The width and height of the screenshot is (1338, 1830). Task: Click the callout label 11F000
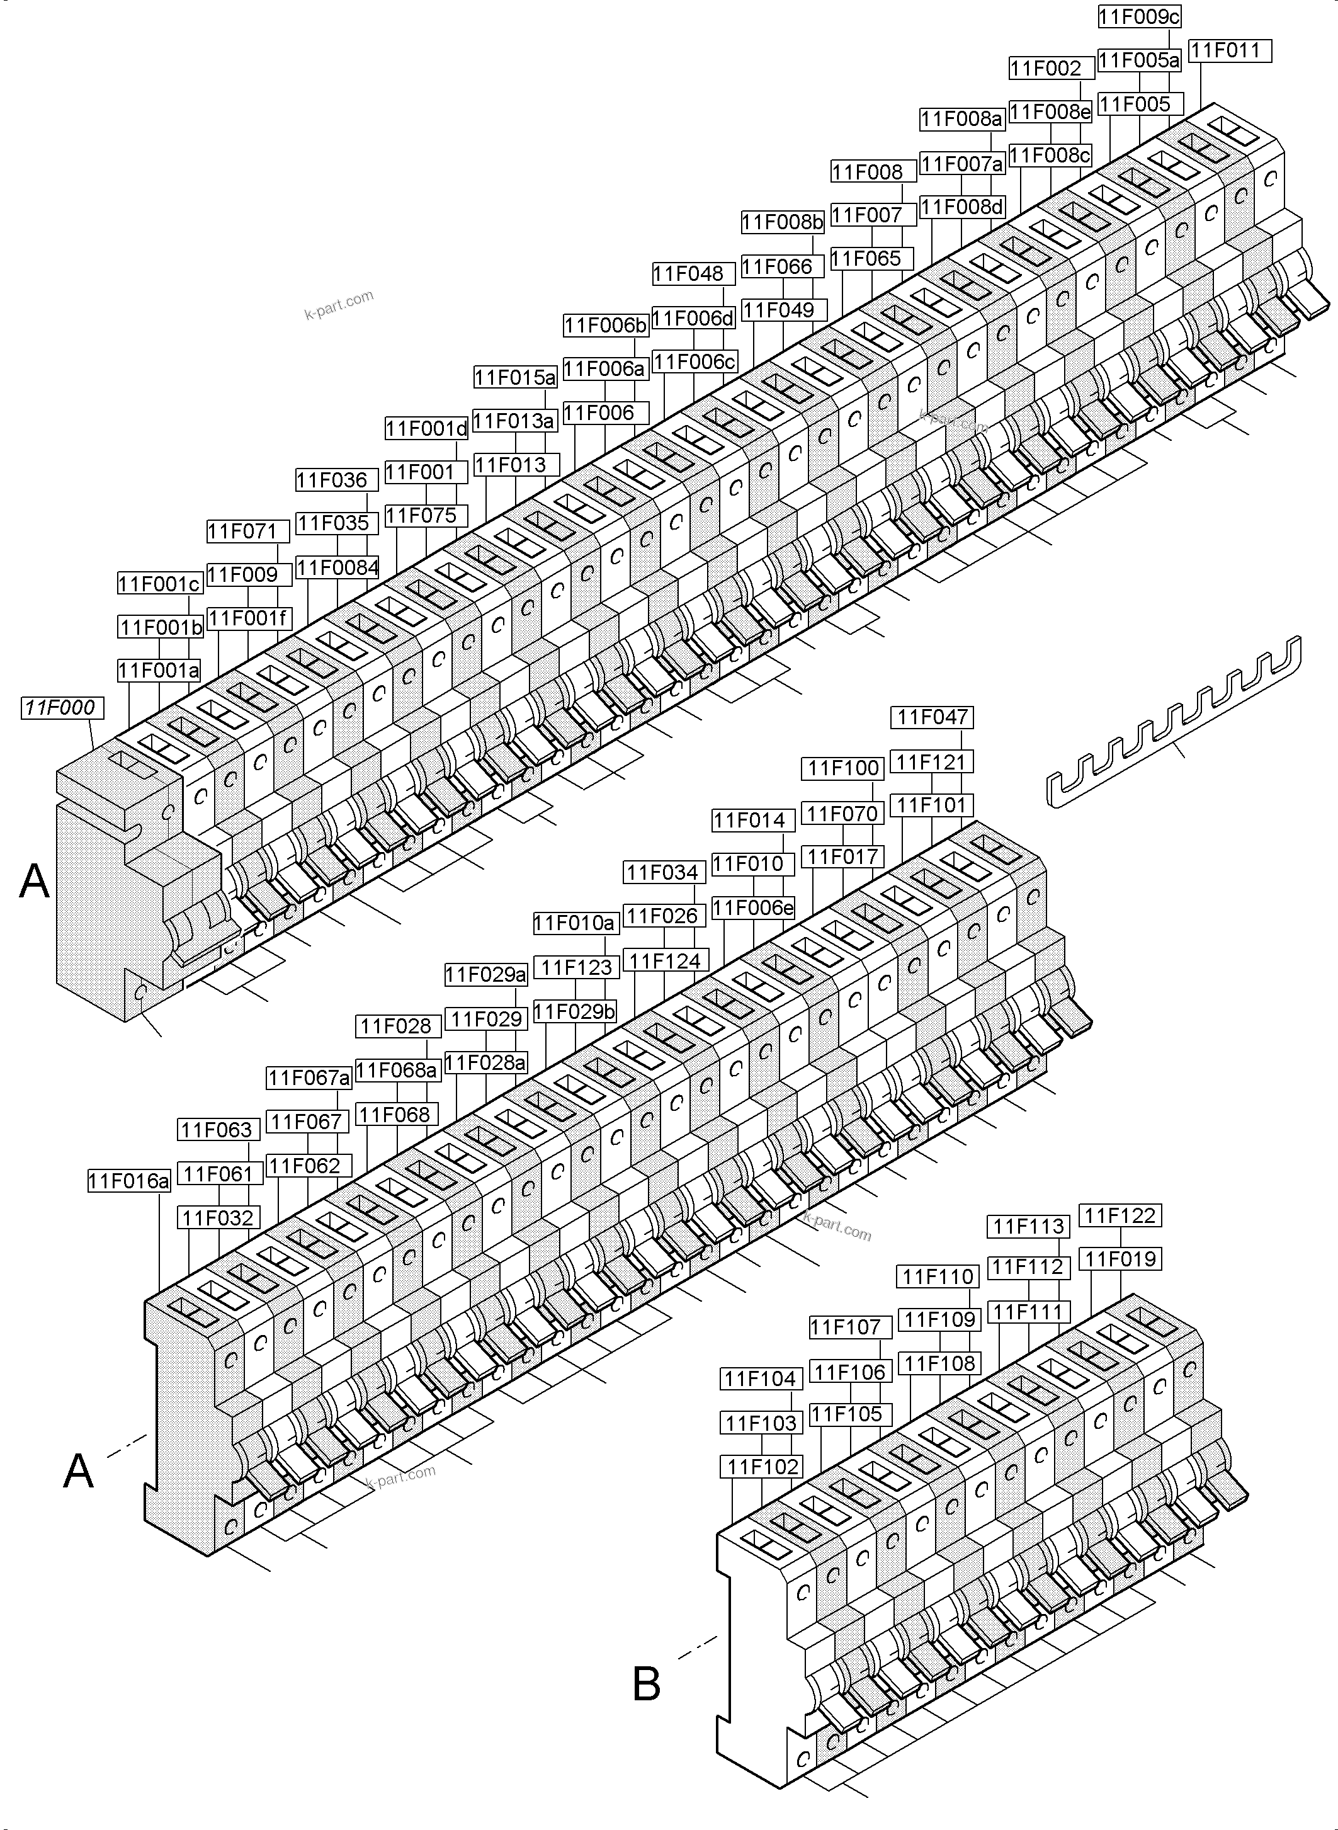[60, 708]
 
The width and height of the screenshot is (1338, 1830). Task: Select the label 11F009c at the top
[1139, 16]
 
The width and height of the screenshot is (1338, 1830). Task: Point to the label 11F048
[693, 274]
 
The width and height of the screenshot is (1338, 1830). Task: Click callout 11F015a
[515, 377]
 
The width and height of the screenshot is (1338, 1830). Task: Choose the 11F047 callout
[933, 717]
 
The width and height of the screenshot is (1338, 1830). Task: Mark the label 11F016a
[129, 1182]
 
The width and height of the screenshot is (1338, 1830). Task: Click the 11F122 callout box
[1120, 1215]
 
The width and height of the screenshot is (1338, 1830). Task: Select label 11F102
[761, 1466]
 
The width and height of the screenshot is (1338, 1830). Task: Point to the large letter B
[646, 1683]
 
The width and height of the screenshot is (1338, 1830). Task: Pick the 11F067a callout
[309, 1078]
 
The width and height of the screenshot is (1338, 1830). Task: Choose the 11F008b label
[783, 222]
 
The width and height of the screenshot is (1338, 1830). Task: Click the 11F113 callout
[1028, 1227]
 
